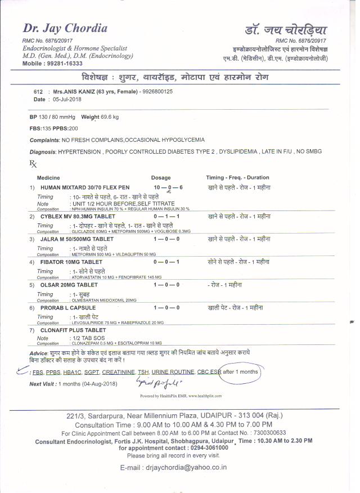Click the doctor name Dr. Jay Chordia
65,28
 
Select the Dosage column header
161,177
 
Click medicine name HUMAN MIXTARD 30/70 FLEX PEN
85,187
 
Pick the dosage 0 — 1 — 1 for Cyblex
166,216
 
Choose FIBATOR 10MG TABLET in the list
71,262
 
